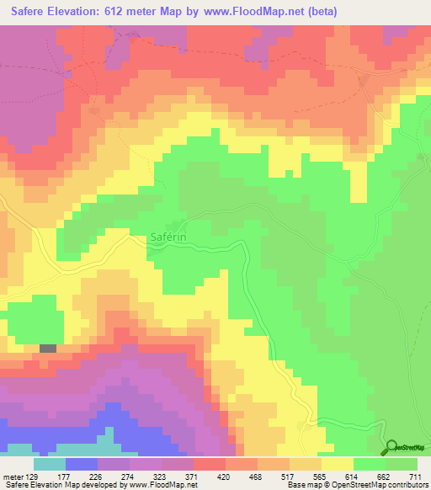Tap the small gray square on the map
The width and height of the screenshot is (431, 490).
(x=48, y=348)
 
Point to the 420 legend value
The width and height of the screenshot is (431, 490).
(x=224, y=477)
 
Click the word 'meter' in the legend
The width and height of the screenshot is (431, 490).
(x=13, y=477)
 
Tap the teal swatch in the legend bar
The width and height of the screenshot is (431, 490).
(x=50, y=464)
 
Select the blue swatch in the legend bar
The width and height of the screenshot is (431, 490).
(x=82, y=464)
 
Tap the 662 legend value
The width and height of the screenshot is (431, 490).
(x=381, y=477)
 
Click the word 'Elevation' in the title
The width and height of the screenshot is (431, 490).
(x=84, y=11)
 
